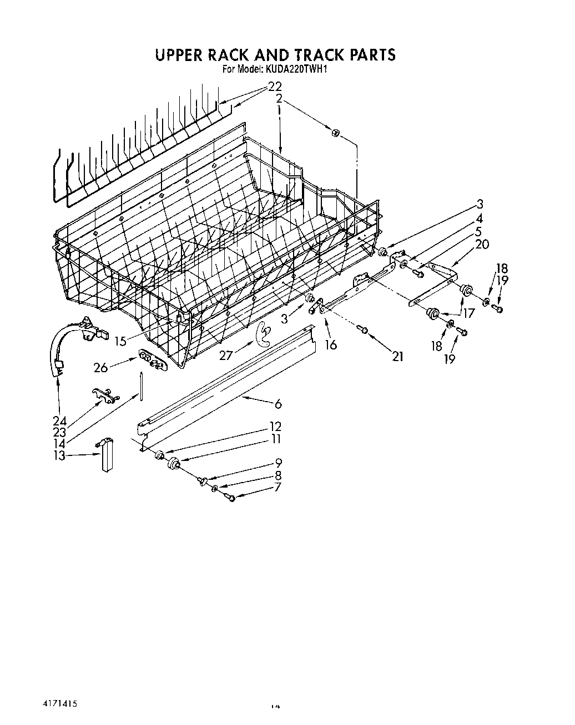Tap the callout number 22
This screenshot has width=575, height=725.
[x=275, y=87]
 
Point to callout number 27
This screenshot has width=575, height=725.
[x=225, y=356]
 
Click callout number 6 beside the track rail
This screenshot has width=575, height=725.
[x=278, y=404]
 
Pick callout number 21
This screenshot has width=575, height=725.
[x=397, y=357]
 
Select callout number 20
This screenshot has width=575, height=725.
[x=482, y=244]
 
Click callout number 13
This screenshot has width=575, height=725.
[x=59, y=455]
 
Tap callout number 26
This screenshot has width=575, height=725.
[x=100, y=367]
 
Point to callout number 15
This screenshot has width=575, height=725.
[x=120, y=341]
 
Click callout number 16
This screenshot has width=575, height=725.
[x=331, y=345]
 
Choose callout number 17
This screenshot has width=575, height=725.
[x=469, y=313]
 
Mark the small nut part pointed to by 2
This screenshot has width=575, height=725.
[x=336, y=133]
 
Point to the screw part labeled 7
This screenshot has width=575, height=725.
[x=231, y=499]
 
